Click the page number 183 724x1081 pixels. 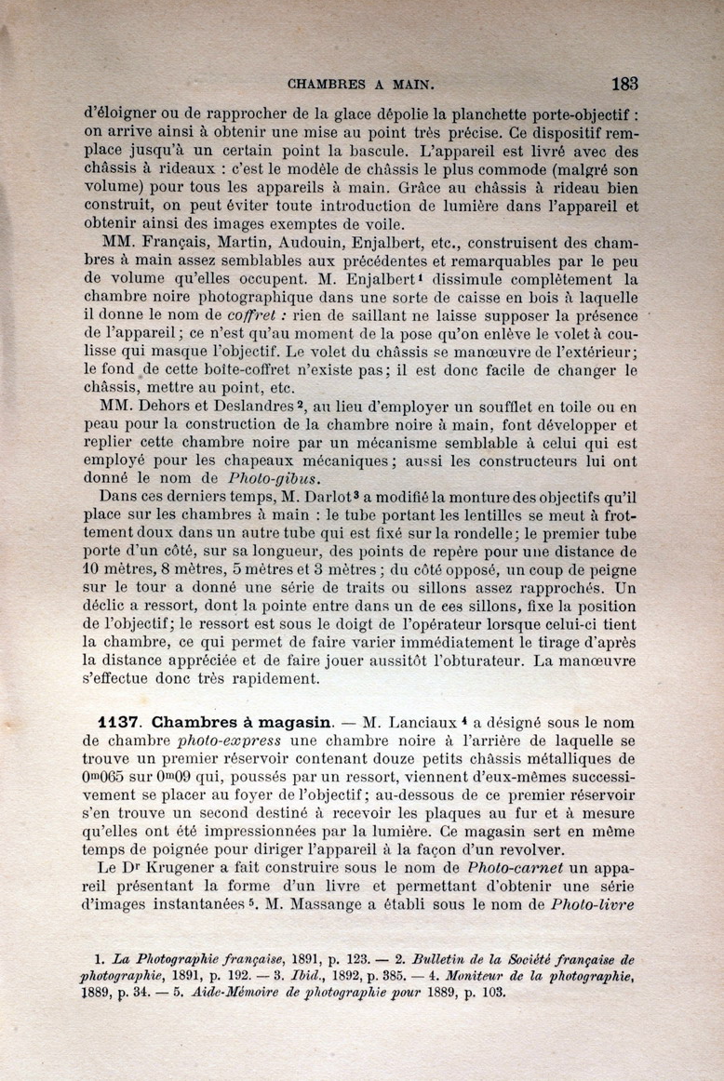[x=624, y=83]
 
